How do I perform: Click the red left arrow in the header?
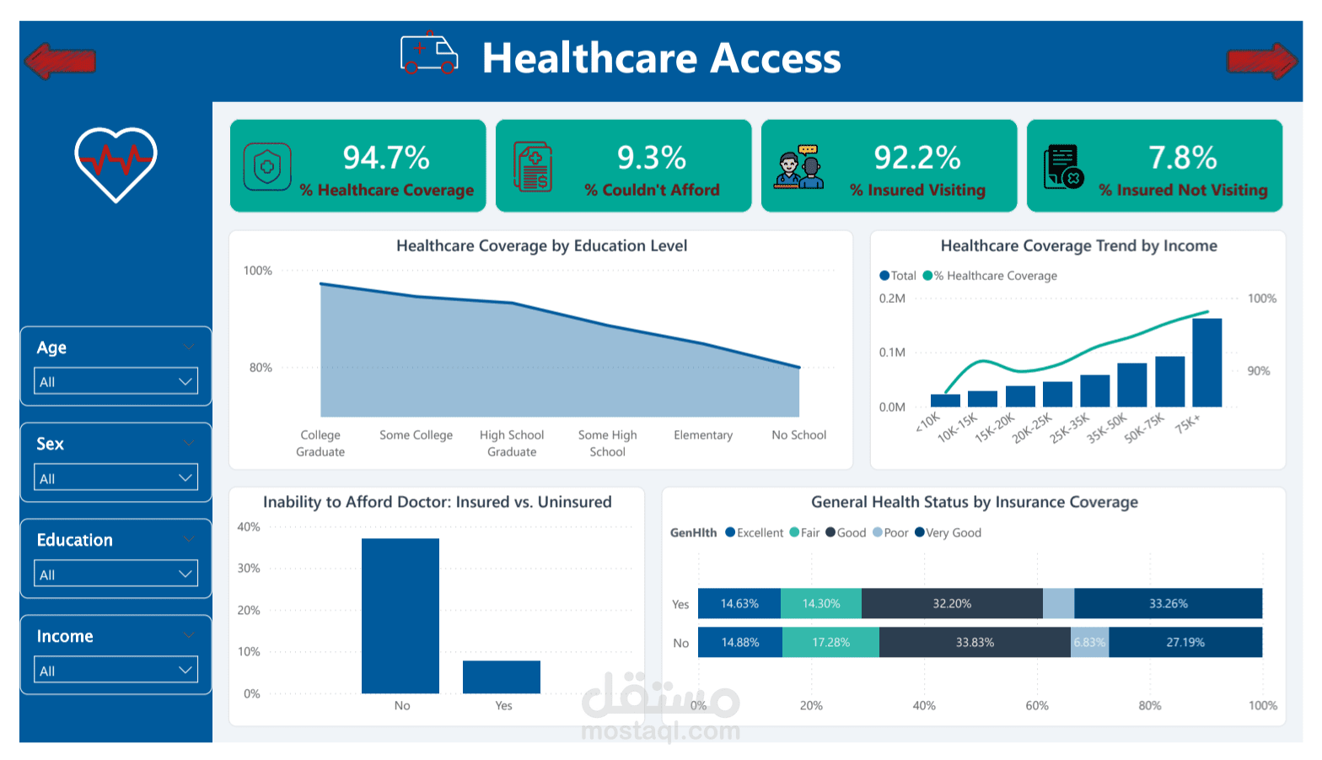pos(60,61)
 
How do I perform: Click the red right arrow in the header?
pos(1261,61)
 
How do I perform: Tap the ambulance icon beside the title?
pos(429,55)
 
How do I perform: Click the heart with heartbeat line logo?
pos(116,164)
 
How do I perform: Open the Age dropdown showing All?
pos(116,381)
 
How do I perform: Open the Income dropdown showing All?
pos(116,671)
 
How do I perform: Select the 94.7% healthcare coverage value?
pos(386,158)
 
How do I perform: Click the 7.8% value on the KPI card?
pos(1182,158)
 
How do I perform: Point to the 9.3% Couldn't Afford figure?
pos(651,158)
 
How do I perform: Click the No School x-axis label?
pos(798,435)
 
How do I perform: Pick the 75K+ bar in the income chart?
pos(1206,363)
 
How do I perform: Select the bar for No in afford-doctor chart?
pos(400,616)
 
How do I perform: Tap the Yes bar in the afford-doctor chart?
pos(502,676)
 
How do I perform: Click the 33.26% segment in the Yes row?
pos(1168,604)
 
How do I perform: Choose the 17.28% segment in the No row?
pos(830,643)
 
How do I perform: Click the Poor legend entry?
pos(890,533)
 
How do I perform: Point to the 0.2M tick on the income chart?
pos(891,299)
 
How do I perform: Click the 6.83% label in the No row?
pos(1089,643)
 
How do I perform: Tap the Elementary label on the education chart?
pos(703,435)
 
